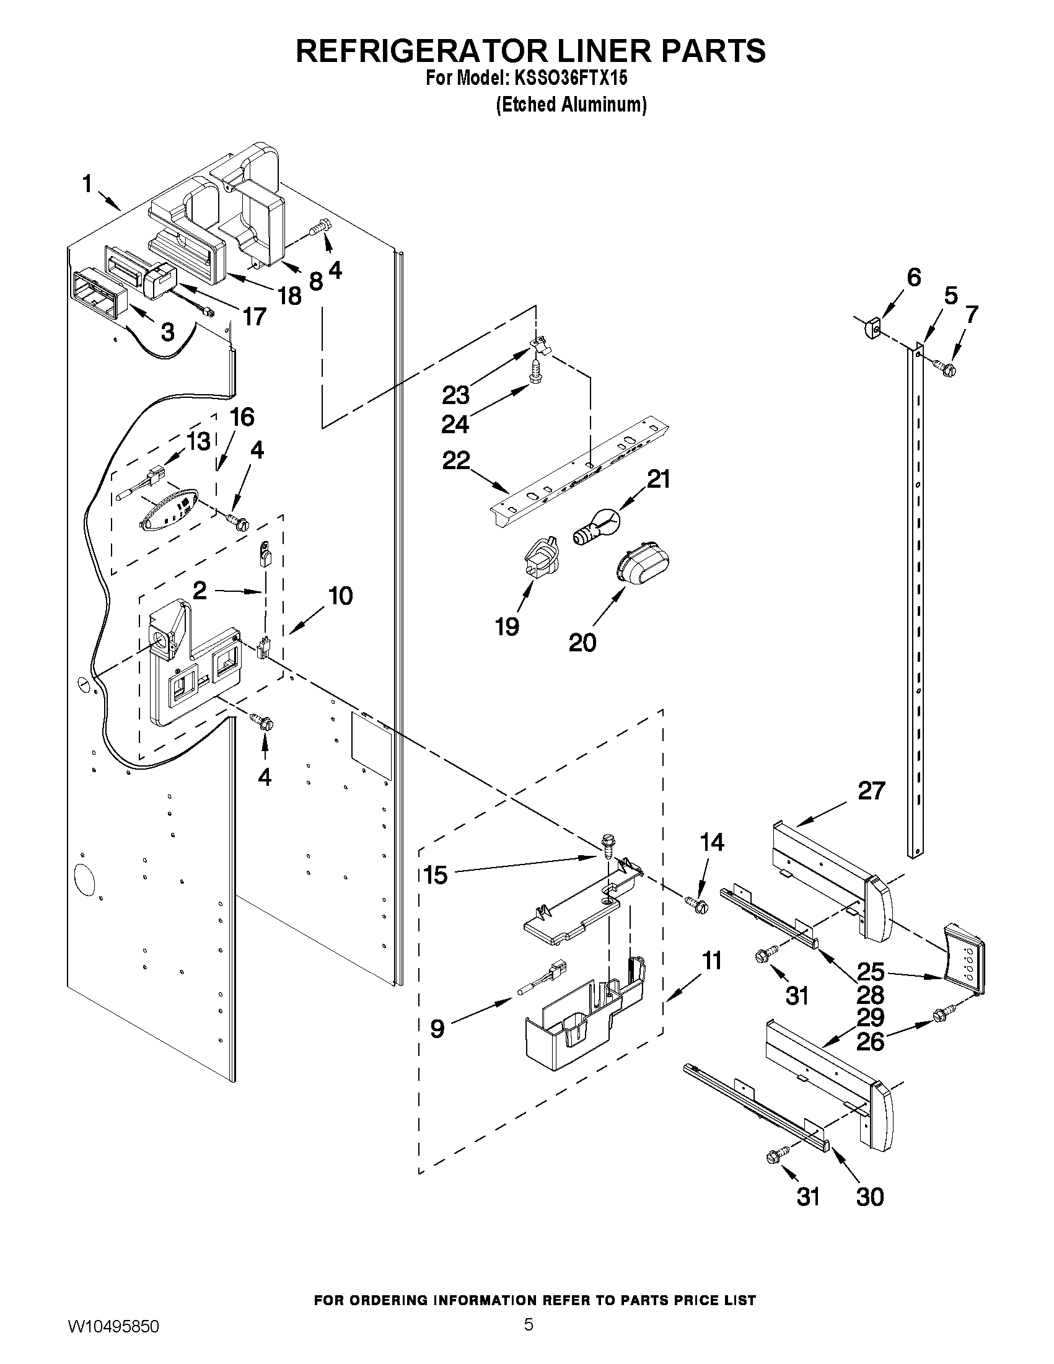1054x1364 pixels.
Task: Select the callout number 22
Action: (x=456, y=461)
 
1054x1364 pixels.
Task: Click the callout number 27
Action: (x=871, y=791)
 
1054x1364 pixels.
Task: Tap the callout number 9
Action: (x=437, y=1027)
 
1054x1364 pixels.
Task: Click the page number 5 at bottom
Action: (x=529, y=1339)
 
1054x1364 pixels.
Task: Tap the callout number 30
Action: (x=870, y=1197)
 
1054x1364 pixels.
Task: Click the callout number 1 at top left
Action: (x=87, y=184)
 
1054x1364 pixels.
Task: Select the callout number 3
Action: (x=167, y=332)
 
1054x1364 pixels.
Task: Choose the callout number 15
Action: (x=435, y=874)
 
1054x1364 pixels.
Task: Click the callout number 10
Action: (x=340, y=596)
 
